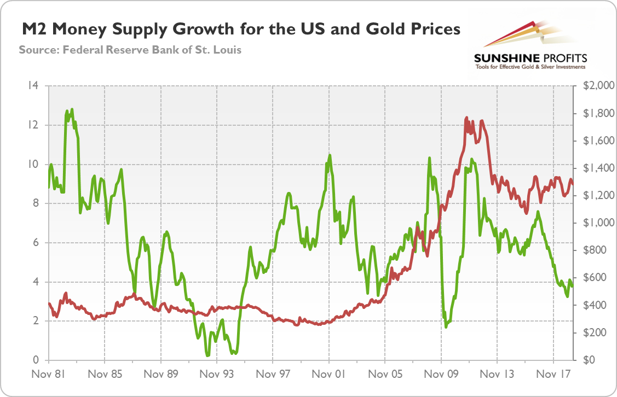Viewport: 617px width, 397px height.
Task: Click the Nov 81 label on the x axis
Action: tap(48, 375)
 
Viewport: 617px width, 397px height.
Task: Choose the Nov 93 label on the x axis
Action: tap(216, 375)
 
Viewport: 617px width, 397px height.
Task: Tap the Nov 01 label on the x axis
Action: tap(328, 375)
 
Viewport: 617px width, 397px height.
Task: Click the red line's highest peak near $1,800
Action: tap(466, 117)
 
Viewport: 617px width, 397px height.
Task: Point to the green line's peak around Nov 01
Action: tap(330, 155)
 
